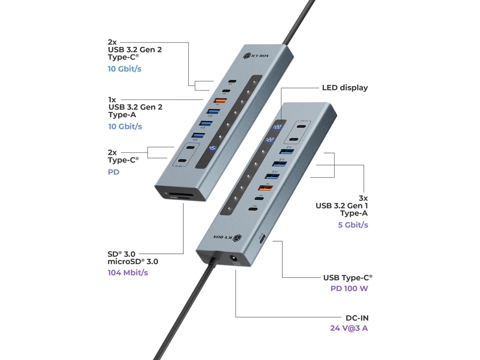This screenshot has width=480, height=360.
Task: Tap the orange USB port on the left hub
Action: click(x=220, y=100)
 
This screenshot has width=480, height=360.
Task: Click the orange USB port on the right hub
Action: click(x=266, y=188)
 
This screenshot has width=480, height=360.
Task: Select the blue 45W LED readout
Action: click(x=213, y=148)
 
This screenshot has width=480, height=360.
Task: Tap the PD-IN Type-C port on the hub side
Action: click(x=262, y=239)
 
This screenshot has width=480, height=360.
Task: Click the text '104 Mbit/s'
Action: click(x=128, y=273)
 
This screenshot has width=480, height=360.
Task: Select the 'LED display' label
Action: click(x=345, y=88)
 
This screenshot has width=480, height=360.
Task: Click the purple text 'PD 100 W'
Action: click(x=349, y=289)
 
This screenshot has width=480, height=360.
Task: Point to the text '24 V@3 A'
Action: click(x=349, y=328)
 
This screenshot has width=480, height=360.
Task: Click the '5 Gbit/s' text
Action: click(x=353, y=225)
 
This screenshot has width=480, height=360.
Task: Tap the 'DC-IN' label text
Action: click(x=357, y=318)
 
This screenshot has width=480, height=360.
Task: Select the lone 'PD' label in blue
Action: click(x=113, y=172)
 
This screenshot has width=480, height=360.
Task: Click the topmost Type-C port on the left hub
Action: click(x=232, y=82)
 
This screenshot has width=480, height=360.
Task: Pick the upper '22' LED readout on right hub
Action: click(x=277, y=127)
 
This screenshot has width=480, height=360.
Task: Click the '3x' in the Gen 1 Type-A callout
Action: click(x=363, y=198)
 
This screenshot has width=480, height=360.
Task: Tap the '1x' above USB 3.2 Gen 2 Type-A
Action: click(x=112, y=100)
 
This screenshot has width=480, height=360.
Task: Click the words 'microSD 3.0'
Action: click(x=133, y=262)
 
